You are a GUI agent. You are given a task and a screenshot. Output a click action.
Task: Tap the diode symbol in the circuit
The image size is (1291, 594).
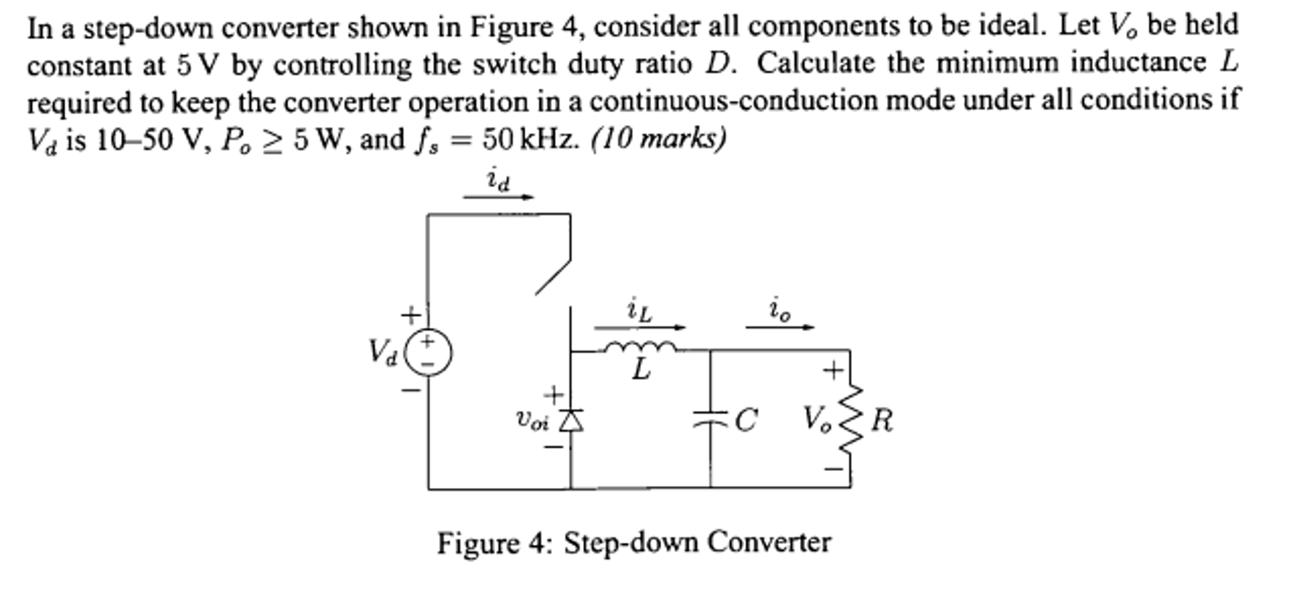[x=572, y=420]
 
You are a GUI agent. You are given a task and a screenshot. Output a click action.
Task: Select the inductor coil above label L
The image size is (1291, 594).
[x=640, y=347]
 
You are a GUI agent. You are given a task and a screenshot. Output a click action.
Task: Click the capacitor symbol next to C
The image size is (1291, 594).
[x=710, y=418]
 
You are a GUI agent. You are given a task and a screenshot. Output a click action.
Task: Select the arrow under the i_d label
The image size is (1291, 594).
[x=498, y=197]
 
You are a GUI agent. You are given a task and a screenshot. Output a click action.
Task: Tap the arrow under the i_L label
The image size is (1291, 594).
[x=639, y=328]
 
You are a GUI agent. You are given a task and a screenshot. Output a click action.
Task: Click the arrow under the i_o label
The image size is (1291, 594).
[x=780, y=328]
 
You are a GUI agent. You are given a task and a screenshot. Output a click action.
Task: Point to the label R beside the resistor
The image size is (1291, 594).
[x=881, y=420]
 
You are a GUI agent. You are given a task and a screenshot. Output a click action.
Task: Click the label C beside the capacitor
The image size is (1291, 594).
[x=745, y=420]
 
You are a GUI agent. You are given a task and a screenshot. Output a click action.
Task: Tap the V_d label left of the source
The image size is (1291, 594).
[x=383, y=352]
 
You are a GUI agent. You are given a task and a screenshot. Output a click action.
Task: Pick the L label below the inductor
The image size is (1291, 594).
[x=640, y=370]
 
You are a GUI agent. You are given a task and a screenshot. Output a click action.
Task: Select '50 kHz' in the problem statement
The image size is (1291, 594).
[x=530, y=140]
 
